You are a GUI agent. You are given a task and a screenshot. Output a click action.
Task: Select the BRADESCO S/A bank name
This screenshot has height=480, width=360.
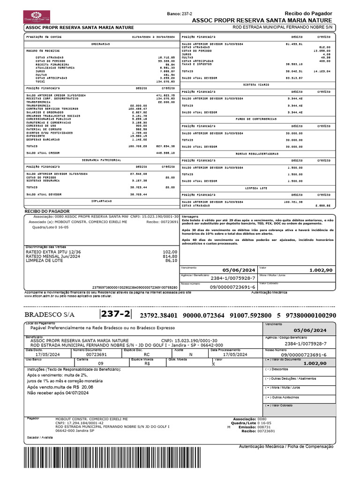(49, 314)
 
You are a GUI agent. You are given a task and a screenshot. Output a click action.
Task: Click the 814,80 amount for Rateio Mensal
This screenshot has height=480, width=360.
(170, 256)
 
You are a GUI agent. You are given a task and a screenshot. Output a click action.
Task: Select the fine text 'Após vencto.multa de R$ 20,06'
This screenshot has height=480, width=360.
(60, 388)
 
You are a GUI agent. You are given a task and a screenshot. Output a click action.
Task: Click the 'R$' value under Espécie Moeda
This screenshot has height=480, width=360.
(147, 363)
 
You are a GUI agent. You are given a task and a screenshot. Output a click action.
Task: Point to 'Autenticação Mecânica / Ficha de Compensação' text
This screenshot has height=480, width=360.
(286, 446)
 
